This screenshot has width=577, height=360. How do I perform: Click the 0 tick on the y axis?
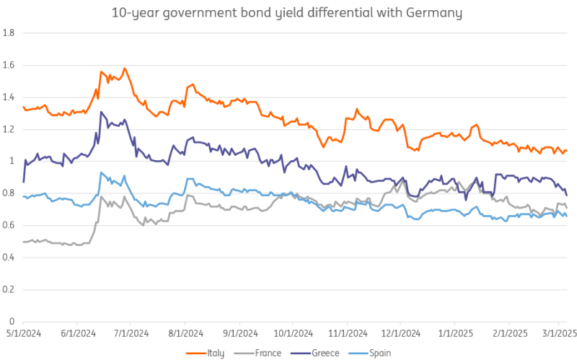(x=13, y=321)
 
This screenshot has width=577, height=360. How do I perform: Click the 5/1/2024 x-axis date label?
(x=23, y=334)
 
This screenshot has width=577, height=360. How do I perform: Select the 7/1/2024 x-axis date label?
(x=131, y=334)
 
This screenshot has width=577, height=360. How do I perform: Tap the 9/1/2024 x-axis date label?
(x=239, y=334)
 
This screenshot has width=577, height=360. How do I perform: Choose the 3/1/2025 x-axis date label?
(x=559, y=334)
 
